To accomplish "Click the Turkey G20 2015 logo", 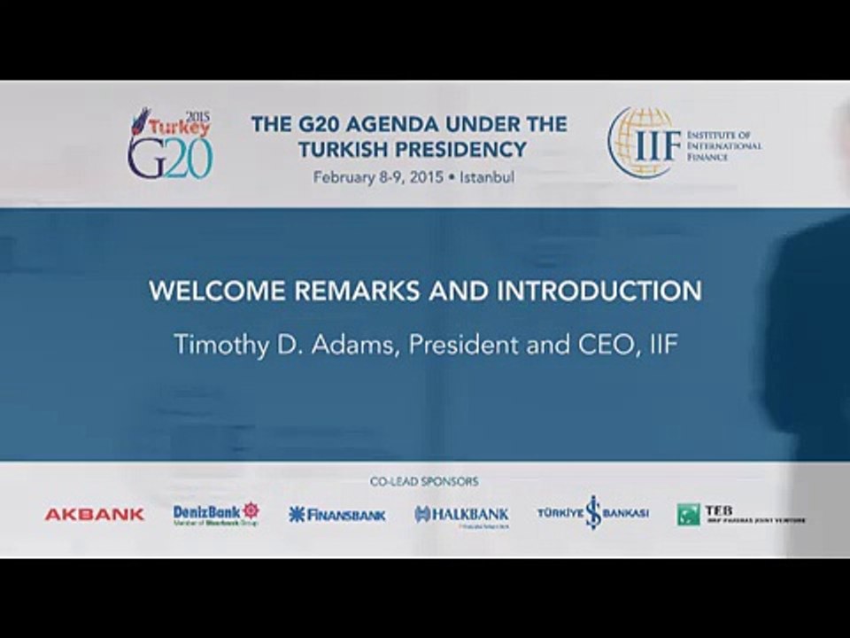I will (170, 144).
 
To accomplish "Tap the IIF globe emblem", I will (642, 143).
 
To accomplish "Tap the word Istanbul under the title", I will (487, 176).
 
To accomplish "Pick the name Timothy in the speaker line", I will (220, 345).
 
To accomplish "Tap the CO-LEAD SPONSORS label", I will (424, 482).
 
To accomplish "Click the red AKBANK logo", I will (95, 514).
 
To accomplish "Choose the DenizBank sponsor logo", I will (216, 514).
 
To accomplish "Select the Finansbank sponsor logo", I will (337, 514).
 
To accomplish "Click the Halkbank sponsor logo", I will (461, 515).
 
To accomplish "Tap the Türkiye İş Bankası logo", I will (593, 513).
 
